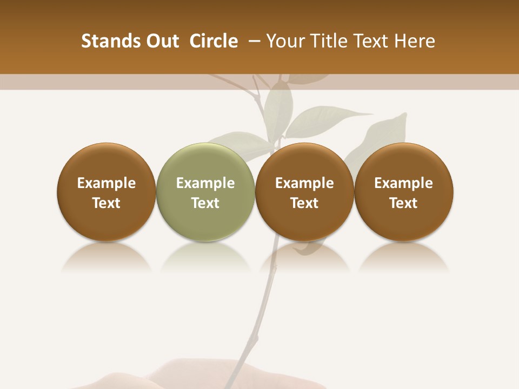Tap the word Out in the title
[x=162, y=41]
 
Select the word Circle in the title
[x=214, y=41]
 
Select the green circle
[x=205, y=192]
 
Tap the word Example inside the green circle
[x=205, y=183]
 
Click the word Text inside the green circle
[x=205, y=203]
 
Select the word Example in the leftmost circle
[x=107, y=183]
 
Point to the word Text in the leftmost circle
[x=107, y=203]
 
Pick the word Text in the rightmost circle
[x=403, y=203]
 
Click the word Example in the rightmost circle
[x=403, y=183]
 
